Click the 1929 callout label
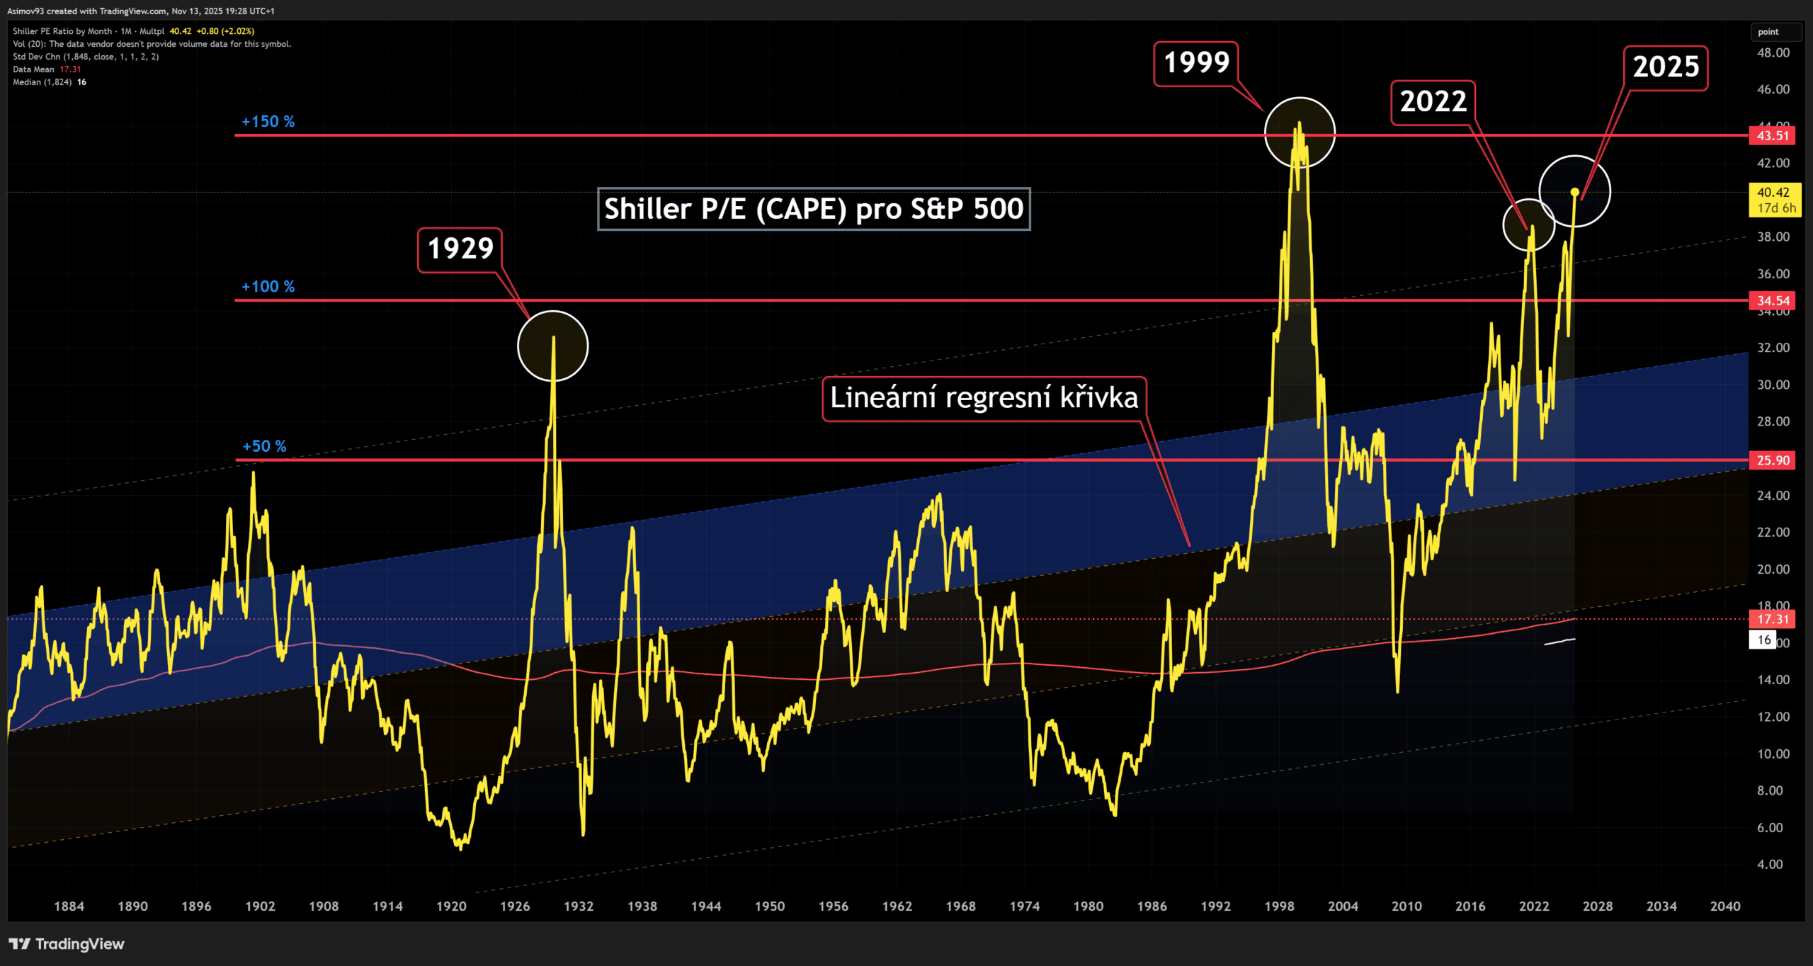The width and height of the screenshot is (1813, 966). point(460,249)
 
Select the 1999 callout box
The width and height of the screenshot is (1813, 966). point(1196,64)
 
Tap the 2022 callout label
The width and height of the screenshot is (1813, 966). point(1433,103)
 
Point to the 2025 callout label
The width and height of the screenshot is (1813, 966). point(1665,68)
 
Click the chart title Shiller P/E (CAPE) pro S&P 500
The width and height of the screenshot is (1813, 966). point(814,209)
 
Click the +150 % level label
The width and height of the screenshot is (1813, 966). point(268,122)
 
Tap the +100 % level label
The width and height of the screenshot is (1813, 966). point(268,287)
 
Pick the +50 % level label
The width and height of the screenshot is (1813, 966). point(264,446)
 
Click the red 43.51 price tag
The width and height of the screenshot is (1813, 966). point(1772,136)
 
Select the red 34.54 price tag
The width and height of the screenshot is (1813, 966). point(1772,301)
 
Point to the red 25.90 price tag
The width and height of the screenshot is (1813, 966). point(1772,460)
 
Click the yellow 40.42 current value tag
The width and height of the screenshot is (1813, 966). point(1775,200)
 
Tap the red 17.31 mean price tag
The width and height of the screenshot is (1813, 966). point(1772,620)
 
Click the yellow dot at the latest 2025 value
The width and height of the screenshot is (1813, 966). point(1574,192)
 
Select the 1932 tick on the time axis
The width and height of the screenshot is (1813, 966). point(579,907)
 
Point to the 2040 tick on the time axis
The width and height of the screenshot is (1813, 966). point(1724,907)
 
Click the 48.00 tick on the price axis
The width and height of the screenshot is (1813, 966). point(1773,53)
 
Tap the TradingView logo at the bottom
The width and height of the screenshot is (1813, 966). point(67,944)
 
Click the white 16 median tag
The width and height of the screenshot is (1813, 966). point(1763,640)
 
